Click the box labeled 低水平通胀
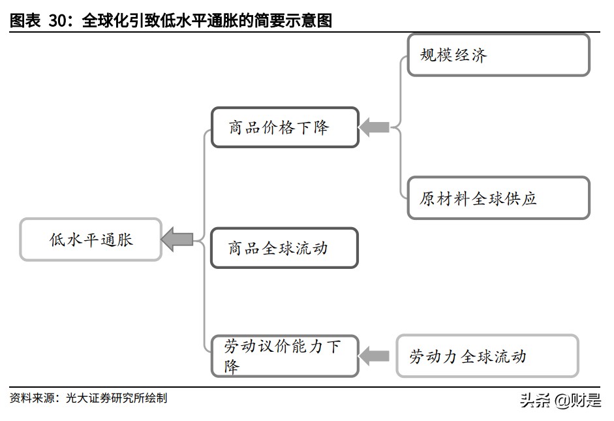click(x=91, y=240)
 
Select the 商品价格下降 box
click(x=284, y=127)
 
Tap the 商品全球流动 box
click(x=284, y=248)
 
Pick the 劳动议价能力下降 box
click(x=284, y=356)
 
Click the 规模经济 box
click(x=498, y=55)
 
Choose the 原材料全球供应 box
click(x=498, y=198)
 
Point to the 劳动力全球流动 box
click(x=487, y=356)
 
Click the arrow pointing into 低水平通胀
click(x=177, y=240)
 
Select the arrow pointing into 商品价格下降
click(x=375, y=127)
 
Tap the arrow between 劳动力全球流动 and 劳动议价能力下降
click(x=375, y=356)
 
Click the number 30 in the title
click(x=59, y=21)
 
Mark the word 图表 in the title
click(x=25, y=21)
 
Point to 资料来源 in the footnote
click(x=31, y=398)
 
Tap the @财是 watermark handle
click(x=577, y=400)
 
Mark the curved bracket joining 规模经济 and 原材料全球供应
click(x=399, y=127)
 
